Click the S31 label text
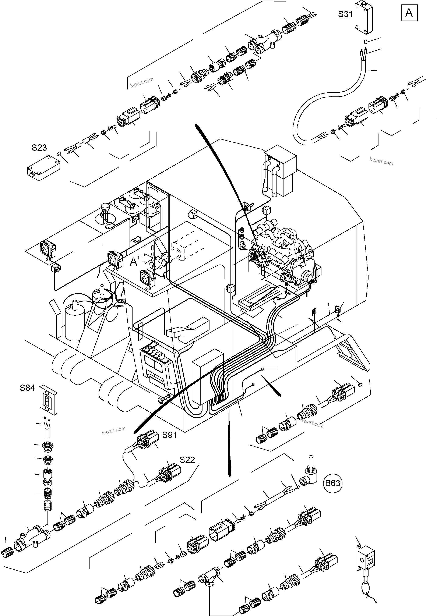tap(345, 14)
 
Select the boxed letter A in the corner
tap(409, 13)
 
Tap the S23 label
tap(39, 148)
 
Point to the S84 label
tap(27, 388)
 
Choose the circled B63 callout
tap(333, 483)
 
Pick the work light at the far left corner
tap(48, 248)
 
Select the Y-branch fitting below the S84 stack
tap(32, 535)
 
